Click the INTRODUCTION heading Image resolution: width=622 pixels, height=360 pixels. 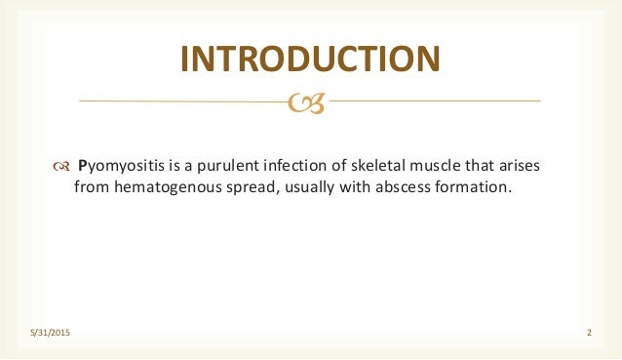tap(310, 59)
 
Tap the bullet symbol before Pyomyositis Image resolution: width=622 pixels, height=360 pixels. tap(60, 166)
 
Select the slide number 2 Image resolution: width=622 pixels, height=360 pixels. tap(589, 335)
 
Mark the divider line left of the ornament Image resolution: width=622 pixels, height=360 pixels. tap(185, 100)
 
